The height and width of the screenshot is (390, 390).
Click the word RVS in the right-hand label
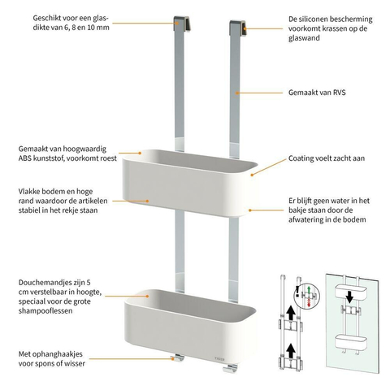(338, 93)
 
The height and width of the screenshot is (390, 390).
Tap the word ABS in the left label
(25, 158)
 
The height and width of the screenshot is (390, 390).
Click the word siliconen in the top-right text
(316, 19)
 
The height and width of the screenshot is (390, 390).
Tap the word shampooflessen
(45, 310)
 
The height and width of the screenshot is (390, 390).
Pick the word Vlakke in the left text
(28, 192)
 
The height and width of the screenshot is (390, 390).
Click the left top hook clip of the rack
(181, 24)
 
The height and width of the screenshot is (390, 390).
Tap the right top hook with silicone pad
(238, 28)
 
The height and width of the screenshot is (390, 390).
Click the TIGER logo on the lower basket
(219, 359)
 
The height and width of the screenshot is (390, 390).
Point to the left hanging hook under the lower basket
(178, 358)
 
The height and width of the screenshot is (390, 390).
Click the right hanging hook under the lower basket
(230, 368)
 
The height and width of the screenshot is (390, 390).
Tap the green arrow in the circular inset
(309, 288)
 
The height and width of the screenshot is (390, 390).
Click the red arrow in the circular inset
(309, 303)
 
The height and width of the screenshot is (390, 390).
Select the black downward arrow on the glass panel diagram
(349, 297)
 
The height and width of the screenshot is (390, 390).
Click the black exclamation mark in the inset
(298, 291)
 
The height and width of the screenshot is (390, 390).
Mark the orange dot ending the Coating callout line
(252, 175)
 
